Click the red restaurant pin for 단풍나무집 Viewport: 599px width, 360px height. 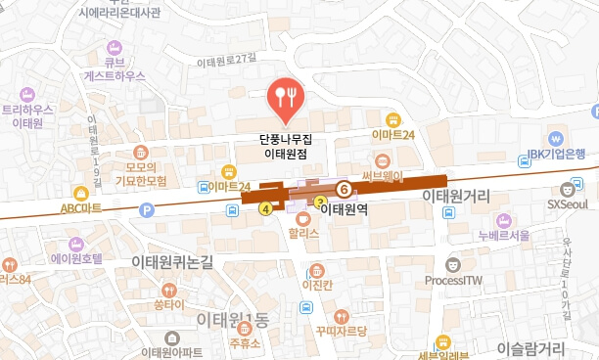(x=286, y=95)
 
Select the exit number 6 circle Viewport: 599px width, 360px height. (x=344, y=187)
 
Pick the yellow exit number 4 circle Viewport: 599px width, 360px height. (x=264, y=207)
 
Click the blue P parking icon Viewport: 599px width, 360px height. (x=147, y=208)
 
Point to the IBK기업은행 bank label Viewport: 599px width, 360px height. (x=556, y=154)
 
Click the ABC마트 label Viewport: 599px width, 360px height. (x=81, y=207)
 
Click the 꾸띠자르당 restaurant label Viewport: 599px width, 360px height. (x=341, y=331)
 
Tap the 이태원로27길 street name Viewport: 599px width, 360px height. (x=232, y=61)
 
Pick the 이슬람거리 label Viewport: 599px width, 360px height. (x=531, y=347)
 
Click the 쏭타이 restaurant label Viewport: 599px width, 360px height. (x=169, y=304)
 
